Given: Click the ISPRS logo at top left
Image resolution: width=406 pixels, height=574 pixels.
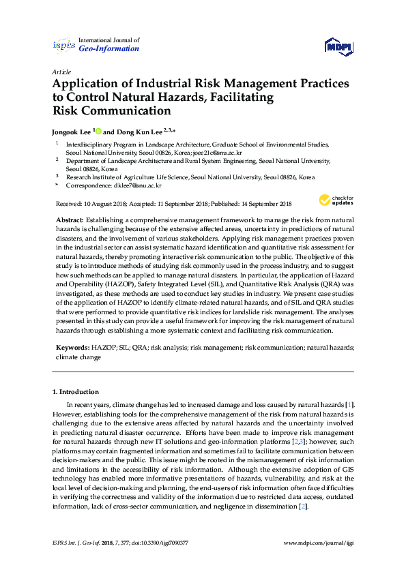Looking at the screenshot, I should pos(63,45).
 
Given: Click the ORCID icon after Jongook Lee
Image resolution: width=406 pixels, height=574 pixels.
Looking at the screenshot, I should pos(98,132).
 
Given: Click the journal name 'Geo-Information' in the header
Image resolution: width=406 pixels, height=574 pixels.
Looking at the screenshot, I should pos(109,49).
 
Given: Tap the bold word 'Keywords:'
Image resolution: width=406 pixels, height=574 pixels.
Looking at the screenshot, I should pos(72,348).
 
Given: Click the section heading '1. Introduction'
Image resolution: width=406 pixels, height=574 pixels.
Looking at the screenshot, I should pos(76,392).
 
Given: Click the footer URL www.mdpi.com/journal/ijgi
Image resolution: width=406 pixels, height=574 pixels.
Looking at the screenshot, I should pos(319,544).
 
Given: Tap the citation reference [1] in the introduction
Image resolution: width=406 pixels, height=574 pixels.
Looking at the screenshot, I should pos(349,405).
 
